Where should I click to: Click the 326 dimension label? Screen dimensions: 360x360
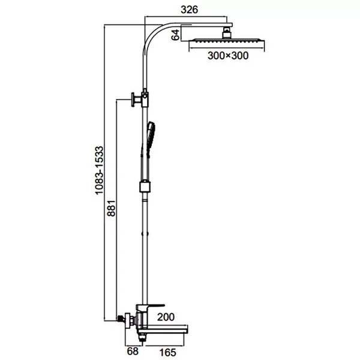(x=189, y=10)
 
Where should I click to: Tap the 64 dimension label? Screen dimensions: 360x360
(x=176, y=35)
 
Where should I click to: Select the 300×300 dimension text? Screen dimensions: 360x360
(x=228, y=56)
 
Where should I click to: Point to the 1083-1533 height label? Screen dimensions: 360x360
(x=100, y=170)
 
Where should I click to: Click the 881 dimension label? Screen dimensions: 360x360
(x=112, y=208)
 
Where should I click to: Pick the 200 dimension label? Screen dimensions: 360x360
(x=166, y=317)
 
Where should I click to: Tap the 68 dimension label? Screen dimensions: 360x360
(x=133, y=351)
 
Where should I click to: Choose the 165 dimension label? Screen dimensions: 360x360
(x=168, y=352)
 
